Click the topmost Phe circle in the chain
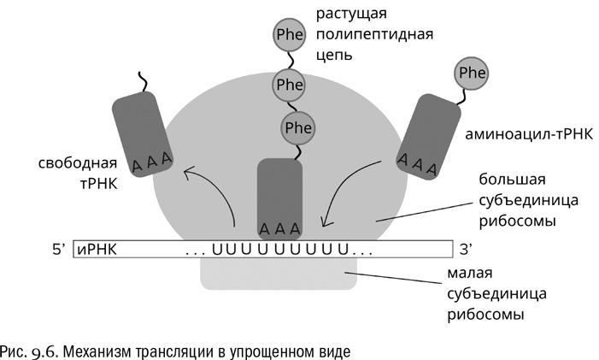[x=288, y=35]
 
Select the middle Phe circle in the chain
[x=290, y=84]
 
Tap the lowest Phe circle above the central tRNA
[x=297, y=127]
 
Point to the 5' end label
[x=58, y=251]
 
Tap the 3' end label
[x=467, y=251]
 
